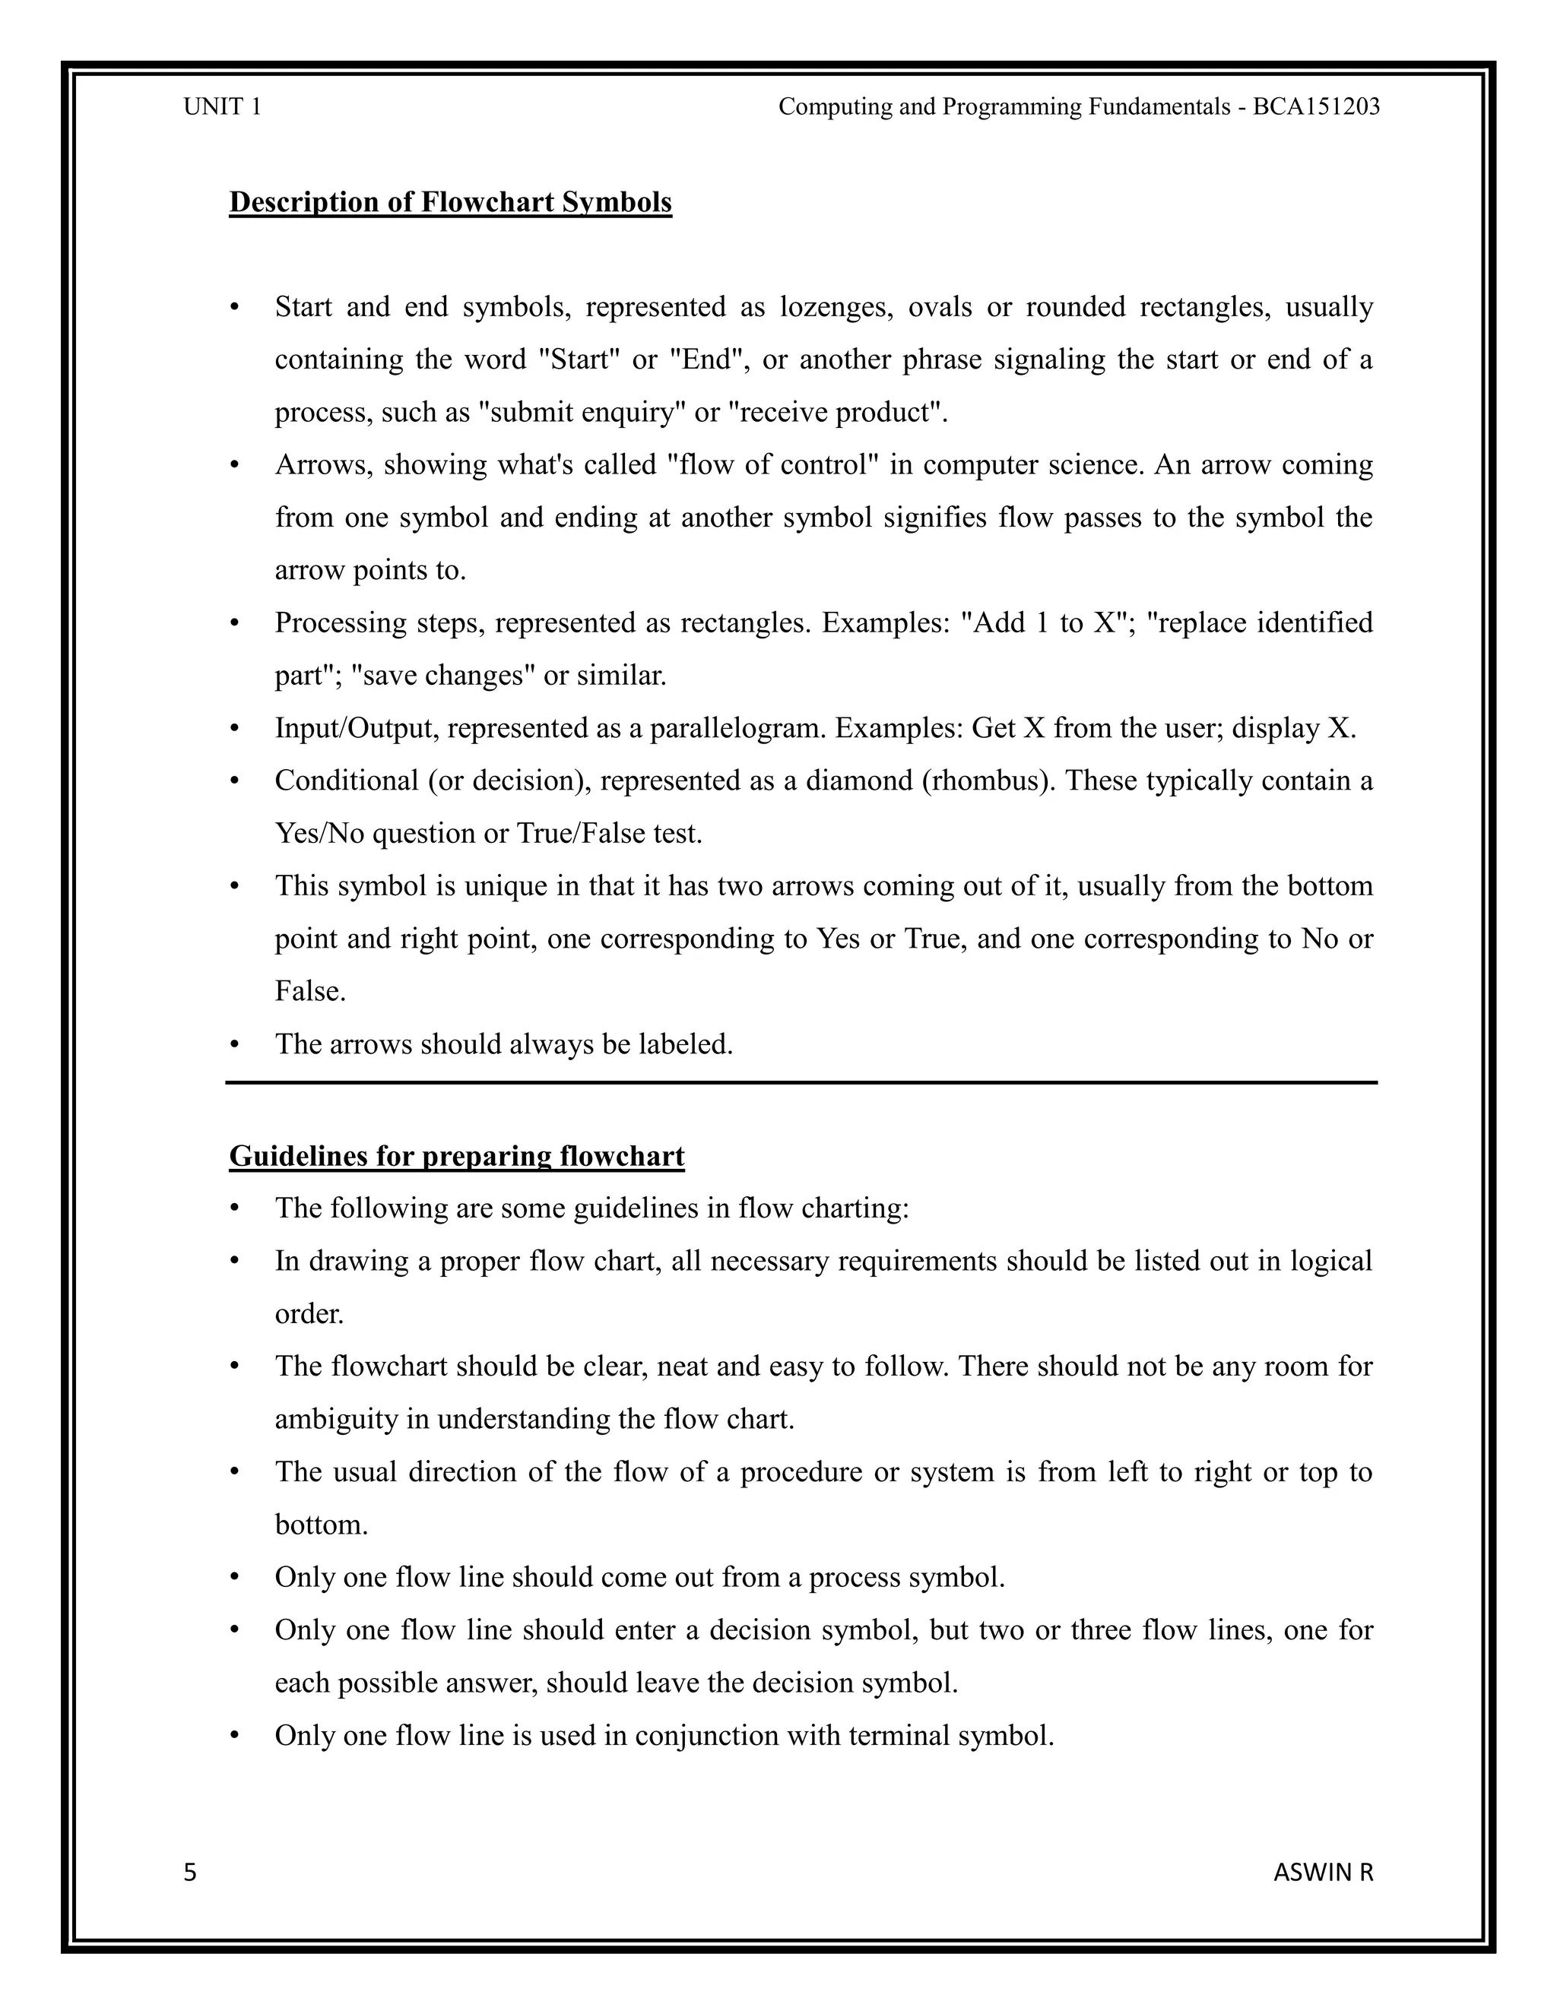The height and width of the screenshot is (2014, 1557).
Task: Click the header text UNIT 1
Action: pos(222,107)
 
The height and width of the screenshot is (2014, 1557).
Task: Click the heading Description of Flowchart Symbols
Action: pos(450,202)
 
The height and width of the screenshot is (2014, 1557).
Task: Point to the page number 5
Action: pos(190,1873)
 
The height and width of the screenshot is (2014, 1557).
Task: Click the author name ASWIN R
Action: pos(1323,1873)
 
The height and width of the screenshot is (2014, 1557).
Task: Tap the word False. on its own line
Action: pos(311,991)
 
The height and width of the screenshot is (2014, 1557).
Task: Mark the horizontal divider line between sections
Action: pos(801,1082)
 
